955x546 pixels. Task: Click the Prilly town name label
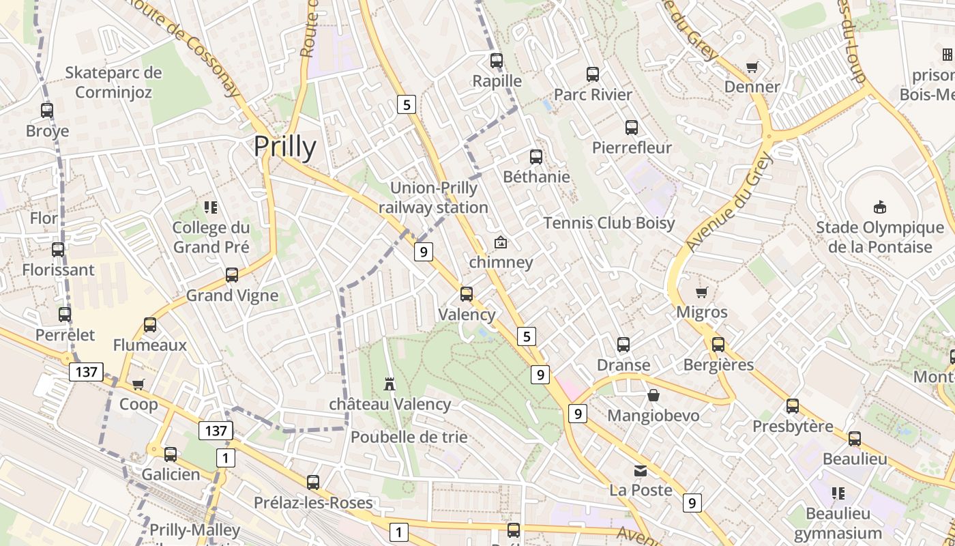coord(285,147)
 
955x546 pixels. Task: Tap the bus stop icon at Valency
coord(467,294)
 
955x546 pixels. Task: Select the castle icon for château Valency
coord(390,384)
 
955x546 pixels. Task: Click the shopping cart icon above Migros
coord(701,293)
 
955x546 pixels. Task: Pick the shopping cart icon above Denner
coord(752,67)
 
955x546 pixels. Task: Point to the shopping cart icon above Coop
coord(138,384)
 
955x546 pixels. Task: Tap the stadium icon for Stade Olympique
coord(879,207)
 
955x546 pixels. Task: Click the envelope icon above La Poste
coord(641,471)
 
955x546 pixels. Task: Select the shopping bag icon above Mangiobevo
coord(653,395)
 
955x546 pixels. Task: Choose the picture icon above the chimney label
coord(500,242)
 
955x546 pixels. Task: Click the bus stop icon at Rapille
coord(497,60)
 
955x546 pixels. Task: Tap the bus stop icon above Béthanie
coord(536,157)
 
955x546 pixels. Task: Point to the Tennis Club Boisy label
coord(608,222)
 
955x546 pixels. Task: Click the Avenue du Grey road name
coord(731,201)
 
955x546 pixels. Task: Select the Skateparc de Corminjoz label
coord(113,82)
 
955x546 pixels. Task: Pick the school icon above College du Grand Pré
coord(211,207)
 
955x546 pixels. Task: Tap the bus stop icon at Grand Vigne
coord(232,275)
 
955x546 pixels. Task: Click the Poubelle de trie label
coord(409,437)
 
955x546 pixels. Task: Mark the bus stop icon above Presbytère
coord(793,406)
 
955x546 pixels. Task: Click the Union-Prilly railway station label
coord(433,197)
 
